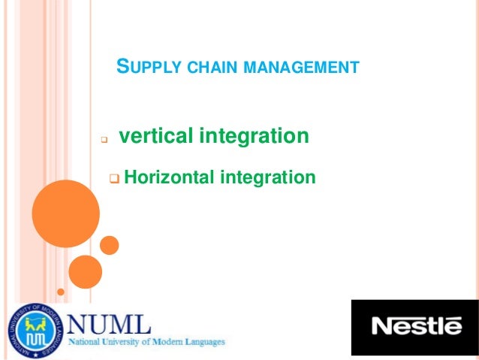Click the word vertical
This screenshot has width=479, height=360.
pyautogui.click(x=155, y=137)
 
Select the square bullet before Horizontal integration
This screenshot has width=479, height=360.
pyautogui.click(x=114, y=179)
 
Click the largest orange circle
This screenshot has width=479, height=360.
pyautogui.click(x=66, y=213)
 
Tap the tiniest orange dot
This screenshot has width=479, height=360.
pyautogui.click(x=61, y=290)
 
